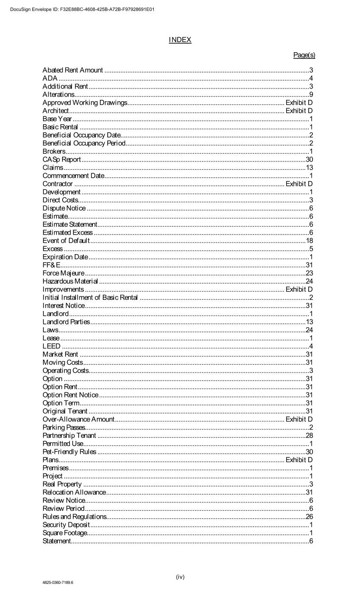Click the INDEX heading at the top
pos(180,40)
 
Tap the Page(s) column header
pos(304,55)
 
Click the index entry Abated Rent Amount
pos(73,70)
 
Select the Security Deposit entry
pos(66,525)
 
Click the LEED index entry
pos(51,346)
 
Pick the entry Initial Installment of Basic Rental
pos(90,298)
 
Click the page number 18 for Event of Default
pos(309,241)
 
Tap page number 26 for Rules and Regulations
pos(309,517)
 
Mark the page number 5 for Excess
pos(311,249)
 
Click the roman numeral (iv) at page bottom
pos(180,577)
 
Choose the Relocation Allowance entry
pos(74,492)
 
